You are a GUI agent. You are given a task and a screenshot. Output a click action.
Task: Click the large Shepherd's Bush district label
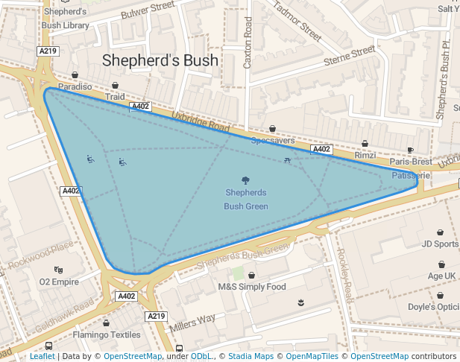[x=160, y=60]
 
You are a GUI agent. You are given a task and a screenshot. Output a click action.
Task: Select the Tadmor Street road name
[x=297, y=21]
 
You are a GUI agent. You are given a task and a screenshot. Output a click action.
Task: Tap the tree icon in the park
[x=245, y=180]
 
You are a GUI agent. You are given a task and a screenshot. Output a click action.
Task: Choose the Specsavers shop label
[x=272, y=140]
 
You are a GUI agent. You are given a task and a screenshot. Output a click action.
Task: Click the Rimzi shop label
[x=365, y=155]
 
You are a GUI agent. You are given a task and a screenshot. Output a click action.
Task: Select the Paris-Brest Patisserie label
[x=411, y=168]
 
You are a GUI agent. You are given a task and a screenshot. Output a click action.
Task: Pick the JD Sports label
[x=440, y=244]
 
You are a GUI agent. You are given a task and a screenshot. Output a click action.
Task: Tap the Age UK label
[x=441, y=275]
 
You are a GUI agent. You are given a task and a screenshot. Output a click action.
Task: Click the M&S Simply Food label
[x=251, y=287]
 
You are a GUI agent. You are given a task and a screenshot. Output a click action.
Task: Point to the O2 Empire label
[x=59, y=282]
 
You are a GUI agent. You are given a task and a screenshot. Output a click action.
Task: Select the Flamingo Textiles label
[x=107, y=334]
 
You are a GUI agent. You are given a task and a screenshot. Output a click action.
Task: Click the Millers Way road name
[x=192, y=320]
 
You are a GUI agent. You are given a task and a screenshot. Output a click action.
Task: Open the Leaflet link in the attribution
[x=42, y=356]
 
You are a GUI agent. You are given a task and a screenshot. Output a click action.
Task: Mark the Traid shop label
[x=115, y=97]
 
